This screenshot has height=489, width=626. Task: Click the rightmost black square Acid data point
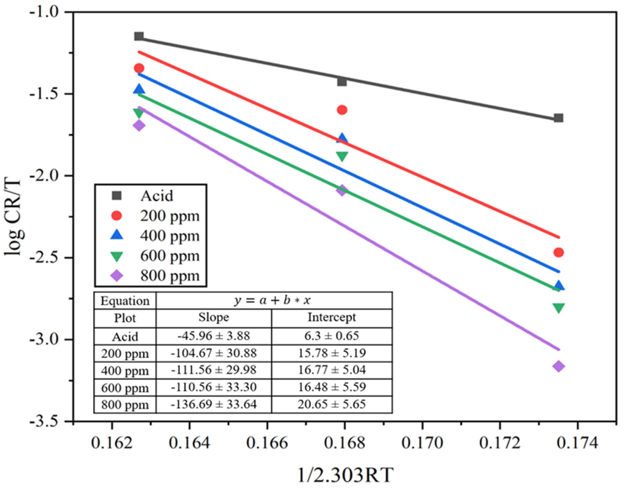[x=558, y=118]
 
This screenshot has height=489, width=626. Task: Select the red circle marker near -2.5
[x=558, y=252]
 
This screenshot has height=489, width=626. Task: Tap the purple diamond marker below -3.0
[x=558, y=366]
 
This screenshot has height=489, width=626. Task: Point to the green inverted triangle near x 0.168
[x=342, y=156]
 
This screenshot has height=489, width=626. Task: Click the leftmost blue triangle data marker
[x=139, y=89]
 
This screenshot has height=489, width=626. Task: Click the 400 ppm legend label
[x=170, y=236]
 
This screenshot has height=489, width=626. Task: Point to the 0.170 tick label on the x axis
[x=422, y=443]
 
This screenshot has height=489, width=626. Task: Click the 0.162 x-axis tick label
[x=112, y=443]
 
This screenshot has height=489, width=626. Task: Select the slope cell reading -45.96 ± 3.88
[x=214, y=336]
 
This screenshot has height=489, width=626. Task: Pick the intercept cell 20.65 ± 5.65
[x=332, y=404]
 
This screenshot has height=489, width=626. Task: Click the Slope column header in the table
[x=214, y=318]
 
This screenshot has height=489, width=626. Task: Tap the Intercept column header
[x=332, y=318]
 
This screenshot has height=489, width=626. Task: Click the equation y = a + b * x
[x=272, y=300]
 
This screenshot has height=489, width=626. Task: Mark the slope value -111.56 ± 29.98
[x=214, y=370]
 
